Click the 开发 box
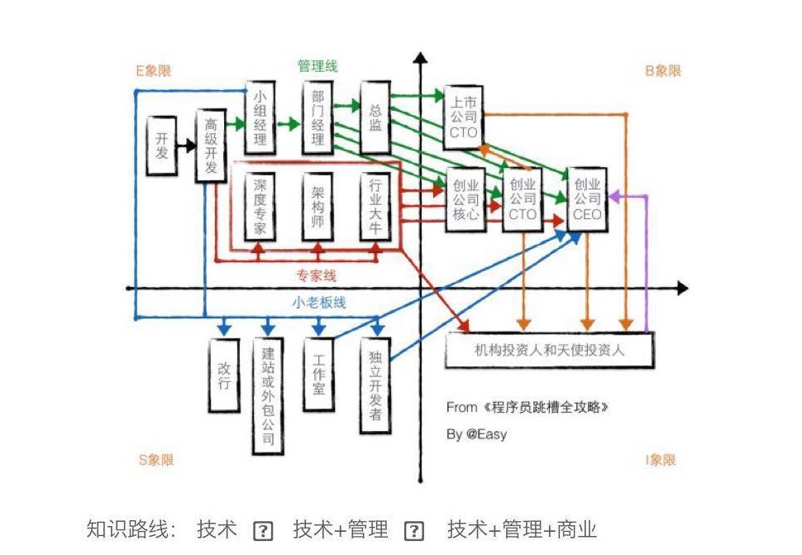point(160,146)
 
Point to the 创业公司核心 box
point(465,200)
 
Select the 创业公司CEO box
point(587,200)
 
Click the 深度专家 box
point(260,206)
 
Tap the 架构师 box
point(317,206)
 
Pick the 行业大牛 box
point(375,206)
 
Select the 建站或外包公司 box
point(268,395)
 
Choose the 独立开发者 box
point(375,385)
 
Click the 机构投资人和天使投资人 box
point(549,350)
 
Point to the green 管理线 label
point(317,66)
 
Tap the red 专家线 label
point(317,275)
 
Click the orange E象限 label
point(155,71)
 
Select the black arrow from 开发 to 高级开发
point(185,146)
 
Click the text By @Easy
point(476,434)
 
